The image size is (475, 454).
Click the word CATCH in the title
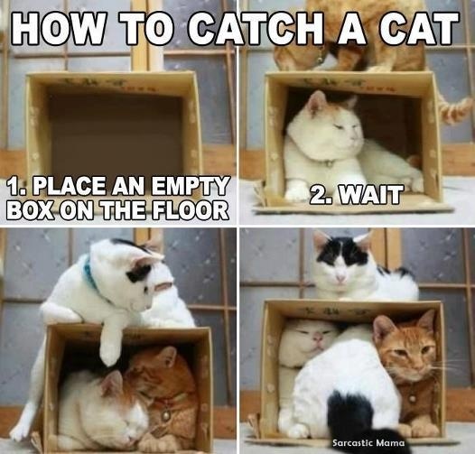[257, 29]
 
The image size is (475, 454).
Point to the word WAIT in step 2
[372, 194]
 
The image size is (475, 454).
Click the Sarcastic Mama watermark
[368, 442]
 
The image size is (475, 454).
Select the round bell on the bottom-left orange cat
[165, 415]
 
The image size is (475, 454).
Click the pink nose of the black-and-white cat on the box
[341, 277]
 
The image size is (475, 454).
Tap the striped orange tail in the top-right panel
[454, 110]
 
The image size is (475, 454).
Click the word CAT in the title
[423, 29]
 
